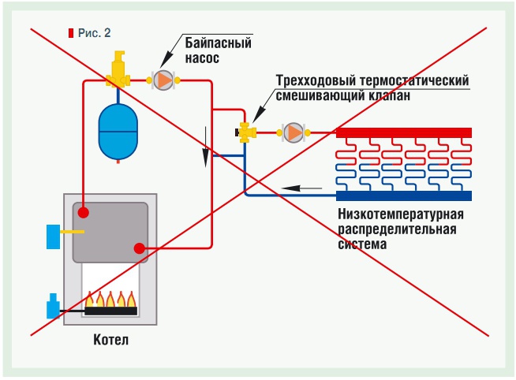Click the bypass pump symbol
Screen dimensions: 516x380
[163, 80]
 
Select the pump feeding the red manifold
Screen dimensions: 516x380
[294, 132]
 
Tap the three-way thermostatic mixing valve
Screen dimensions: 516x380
[246, 132]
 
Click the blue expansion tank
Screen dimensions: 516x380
[118, 132]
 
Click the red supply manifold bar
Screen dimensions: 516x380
[404, 132]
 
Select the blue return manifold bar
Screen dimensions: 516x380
[404, 196]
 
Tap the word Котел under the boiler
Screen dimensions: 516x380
[111, 340]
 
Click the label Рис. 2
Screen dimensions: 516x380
[94, 33]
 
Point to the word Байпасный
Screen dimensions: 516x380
[219, 43]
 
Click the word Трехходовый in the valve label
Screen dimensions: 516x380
[316, 80]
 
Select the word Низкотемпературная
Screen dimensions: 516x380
[401, 214]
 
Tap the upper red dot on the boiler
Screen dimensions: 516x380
[84, 213]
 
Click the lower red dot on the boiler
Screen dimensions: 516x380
[140, 248]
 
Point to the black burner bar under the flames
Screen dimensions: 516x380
[111, 311]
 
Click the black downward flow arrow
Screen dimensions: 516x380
[205, 147]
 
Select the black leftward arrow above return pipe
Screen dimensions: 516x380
[301, 188]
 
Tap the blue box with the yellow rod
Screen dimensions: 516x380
[54, 237]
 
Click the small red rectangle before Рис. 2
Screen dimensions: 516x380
[71, 33]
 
